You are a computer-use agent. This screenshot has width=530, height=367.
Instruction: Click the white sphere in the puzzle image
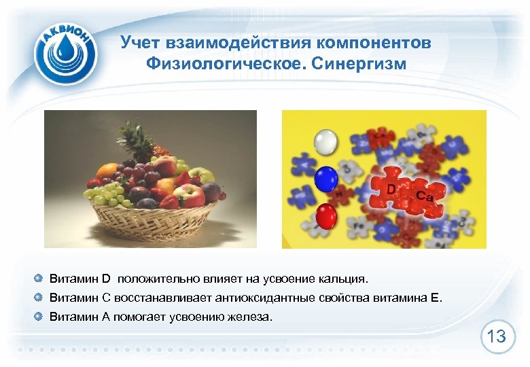(x=325, y=142)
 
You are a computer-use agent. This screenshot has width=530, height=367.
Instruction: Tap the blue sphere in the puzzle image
(x=327, y=179)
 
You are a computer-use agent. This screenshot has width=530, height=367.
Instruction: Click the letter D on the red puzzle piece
(x=392, y=186)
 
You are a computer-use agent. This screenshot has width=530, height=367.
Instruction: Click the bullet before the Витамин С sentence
(x=40, y=298)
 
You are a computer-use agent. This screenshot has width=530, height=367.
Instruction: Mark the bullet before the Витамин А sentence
(x=40, y=316)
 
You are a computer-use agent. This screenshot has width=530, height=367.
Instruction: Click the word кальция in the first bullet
(x=344, y=279)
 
